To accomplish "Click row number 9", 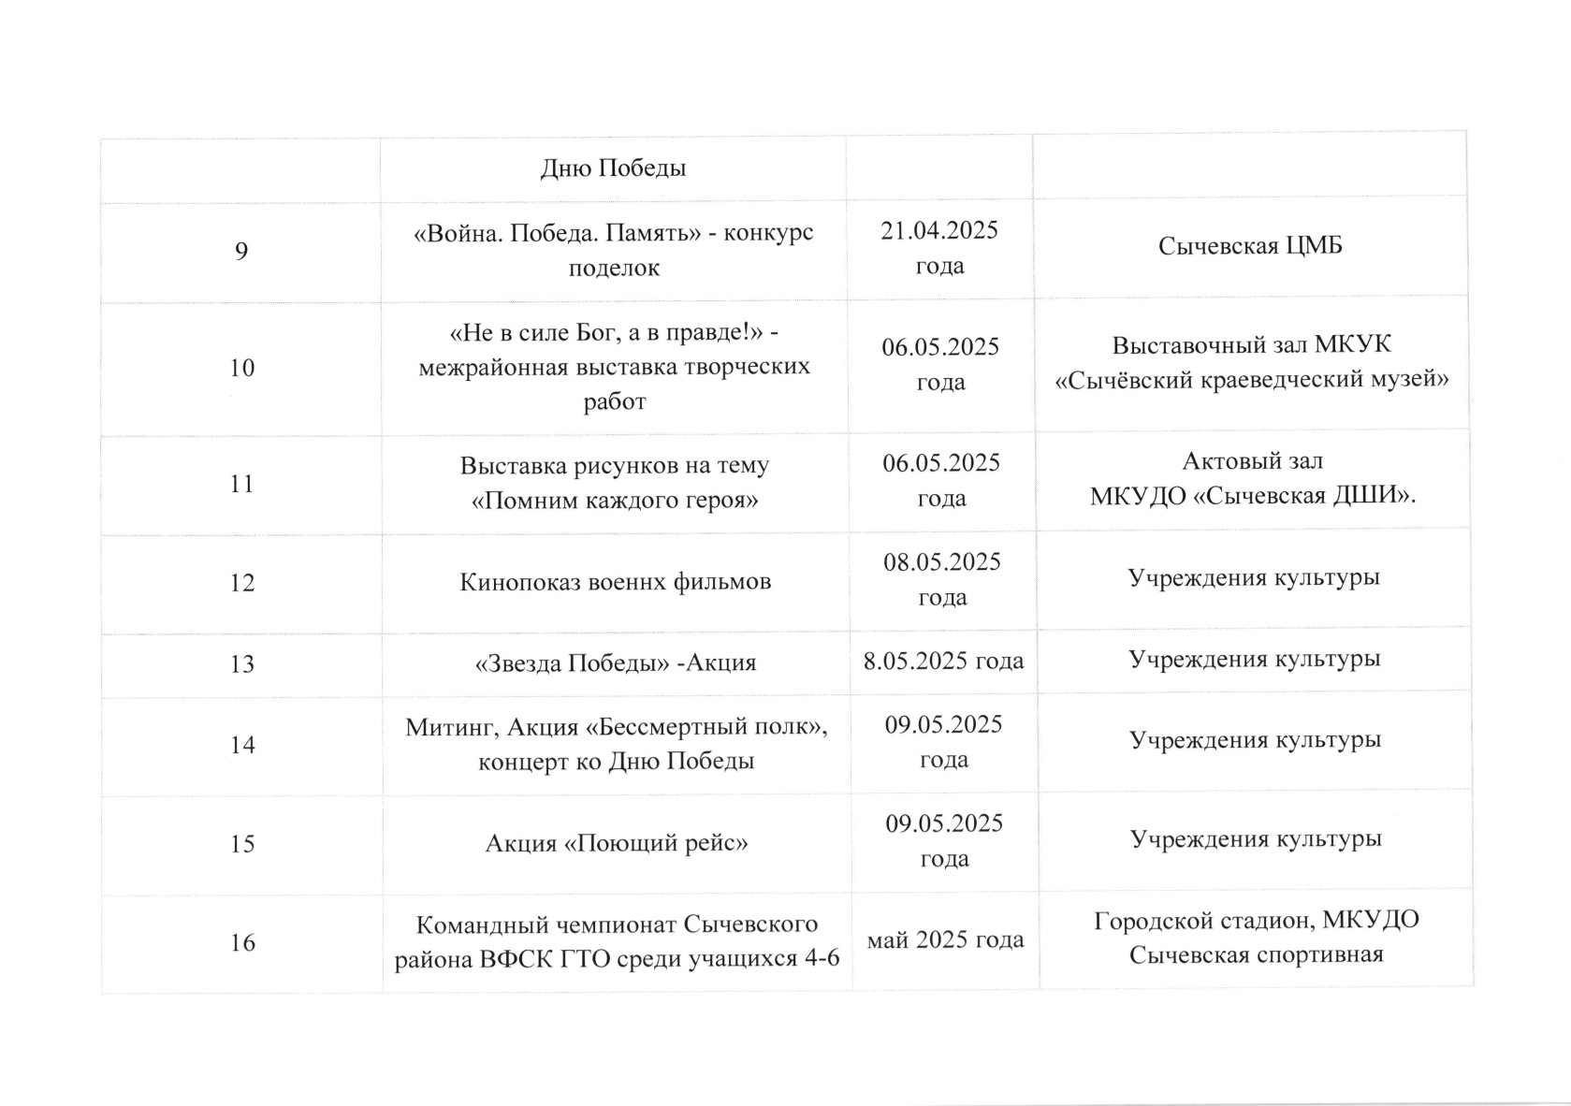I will pos(241,251).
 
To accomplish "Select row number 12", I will pos(242,582).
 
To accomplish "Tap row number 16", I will pos(242,942).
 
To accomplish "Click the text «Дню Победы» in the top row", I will pos(614,168).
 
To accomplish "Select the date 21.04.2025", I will pos(939,230).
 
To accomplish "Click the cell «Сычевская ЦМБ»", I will pos(1250,246).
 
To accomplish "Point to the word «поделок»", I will pos(614,269).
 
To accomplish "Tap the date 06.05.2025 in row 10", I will pos(940,347).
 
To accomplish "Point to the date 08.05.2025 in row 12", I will pos(942,562).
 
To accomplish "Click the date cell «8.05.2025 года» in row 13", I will pos(944,661).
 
